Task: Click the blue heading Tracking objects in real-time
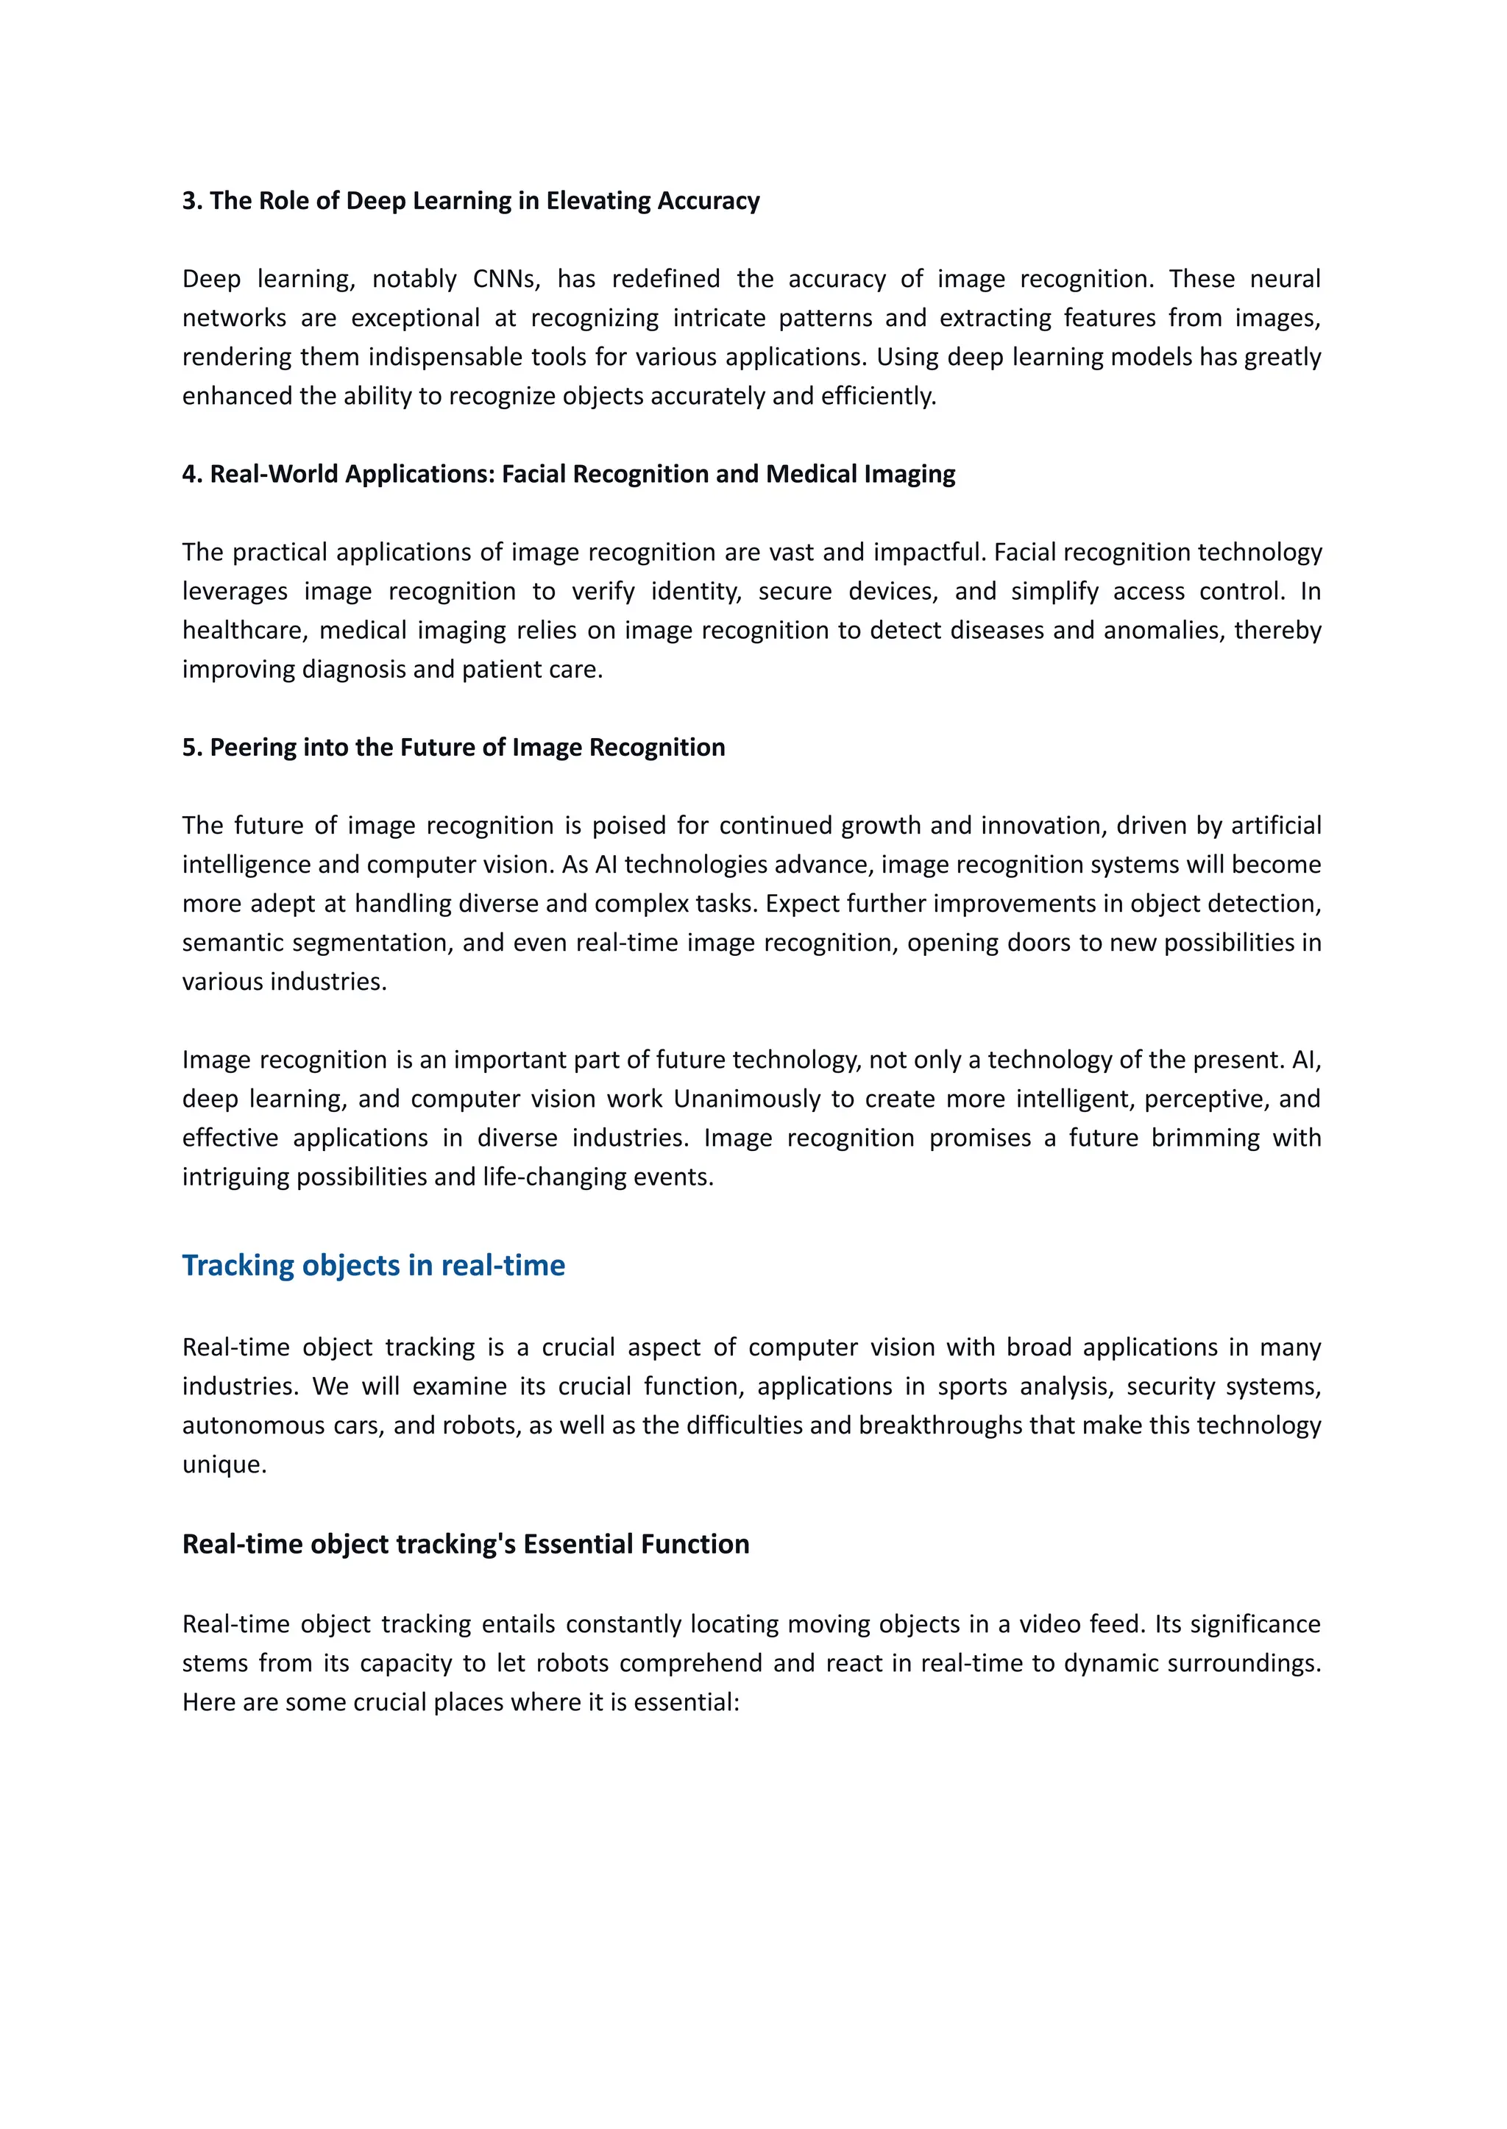(373, 1265)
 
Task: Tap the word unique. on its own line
(224, 1464)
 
